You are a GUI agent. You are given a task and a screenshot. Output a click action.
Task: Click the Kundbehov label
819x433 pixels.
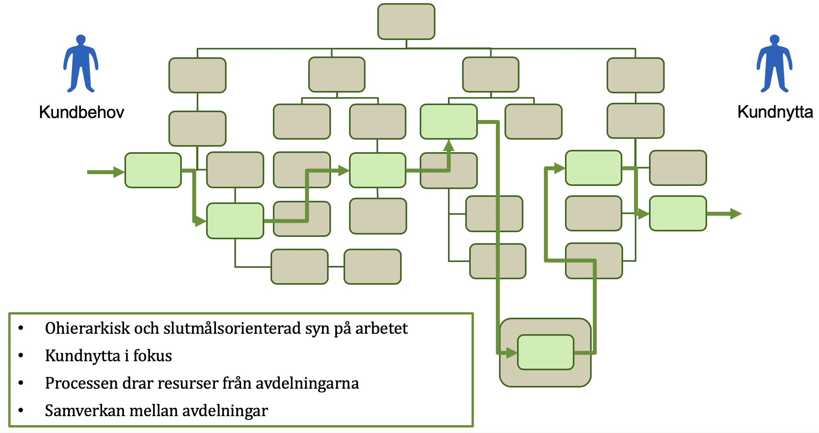[x=82, y=113]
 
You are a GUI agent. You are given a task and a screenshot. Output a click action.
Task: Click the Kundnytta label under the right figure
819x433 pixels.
[x=775, y=112]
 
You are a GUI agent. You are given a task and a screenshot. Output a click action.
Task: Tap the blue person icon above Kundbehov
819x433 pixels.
[x=81, y=64]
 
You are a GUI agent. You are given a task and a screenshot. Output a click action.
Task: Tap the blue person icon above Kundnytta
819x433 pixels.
[x=774, y=64]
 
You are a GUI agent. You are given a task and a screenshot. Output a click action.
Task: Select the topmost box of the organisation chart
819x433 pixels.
[x=406, y=22]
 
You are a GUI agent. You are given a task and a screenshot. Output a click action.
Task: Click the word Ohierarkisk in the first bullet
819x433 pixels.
[x=87, y=328]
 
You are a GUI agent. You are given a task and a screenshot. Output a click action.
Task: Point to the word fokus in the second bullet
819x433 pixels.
[x=152, y=356]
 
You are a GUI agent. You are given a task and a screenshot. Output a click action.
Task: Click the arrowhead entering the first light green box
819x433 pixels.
[x=119, y=172]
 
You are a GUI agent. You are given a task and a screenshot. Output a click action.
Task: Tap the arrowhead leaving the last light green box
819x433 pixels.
[x=735, y=214]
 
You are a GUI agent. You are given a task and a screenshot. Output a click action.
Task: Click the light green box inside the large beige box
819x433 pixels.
[x=545, y=352]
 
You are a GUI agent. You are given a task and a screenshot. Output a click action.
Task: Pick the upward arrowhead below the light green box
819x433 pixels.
[x=449, y=146]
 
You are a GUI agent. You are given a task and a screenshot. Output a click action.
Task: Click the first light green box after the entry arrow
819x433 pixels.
[x=153, y=170]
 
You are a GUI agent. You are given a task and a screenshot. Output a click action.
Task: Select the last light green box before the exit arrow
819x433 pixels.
[x=678, y=213]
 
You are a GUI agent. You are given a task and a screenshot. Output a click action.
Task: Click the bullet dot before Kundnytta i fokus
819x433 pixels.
[x=21, y=356]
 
